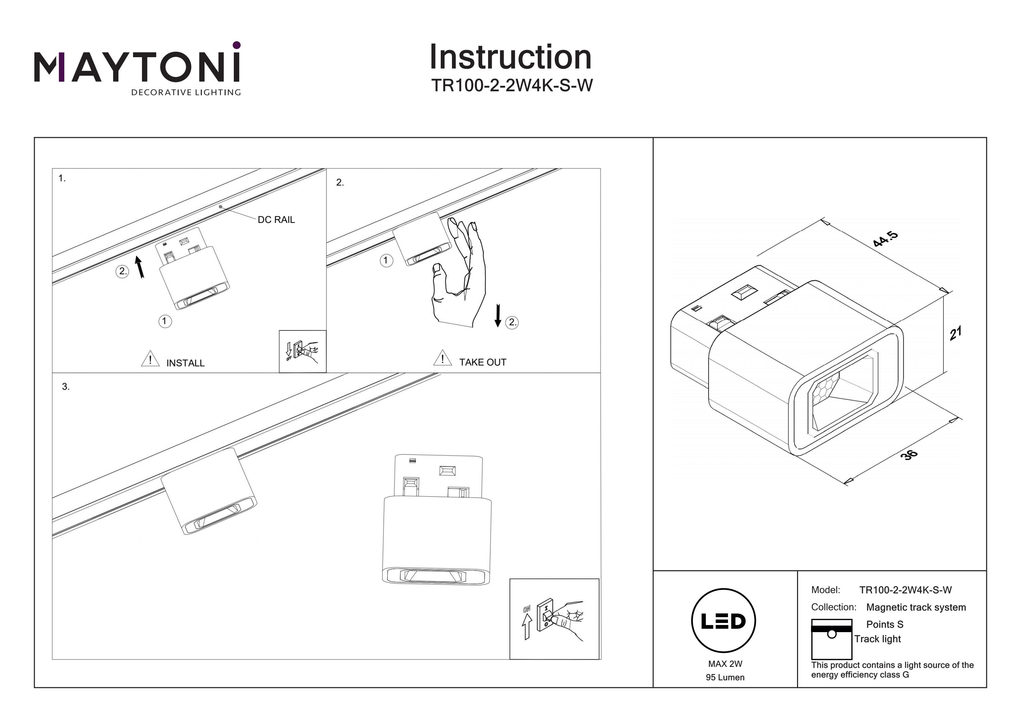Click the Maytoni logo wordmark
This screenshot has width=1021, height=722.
137,67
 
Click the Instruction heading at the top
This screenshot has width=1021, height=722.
510,58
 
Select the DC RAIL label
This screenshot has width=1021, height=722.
276,220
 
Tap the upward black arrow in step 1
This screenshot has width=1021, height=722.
140,267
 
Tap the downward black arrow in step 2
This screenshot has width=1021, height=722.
498,316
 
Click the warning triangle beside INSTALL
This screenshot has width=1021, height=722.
150,358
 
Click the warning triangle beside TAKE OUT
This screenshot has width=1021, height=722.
442,358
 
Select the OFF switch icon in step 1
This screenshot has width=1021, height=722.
303,351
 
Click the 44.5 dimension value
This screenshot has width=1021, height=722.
885,239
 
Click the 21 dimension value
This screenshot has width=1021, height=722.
955,333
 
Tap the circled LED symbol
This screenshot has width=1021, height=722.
724,621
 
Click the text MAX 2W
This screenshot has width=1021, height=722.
725,664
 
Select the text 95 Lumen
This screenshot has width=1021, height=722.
725,677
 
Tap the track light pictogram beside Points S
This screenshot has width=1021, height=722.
831,639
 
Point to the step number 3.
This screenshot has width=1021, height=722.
66,387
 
